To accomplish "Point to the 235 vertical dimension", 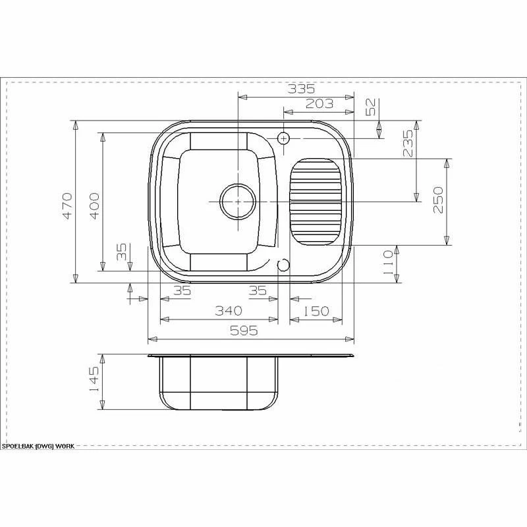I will pos(408,143).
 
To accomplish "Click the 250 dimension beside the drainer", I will pos(438,200).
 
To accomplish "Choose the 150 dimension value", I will pos(316,310).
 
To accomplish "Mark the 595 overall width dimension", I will pos(244,331).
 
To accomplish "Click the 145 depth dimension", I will pos(94,381).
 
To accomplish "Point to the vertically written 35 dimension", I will pos(121,252).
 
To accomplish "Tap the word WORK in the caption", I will pos(65,446).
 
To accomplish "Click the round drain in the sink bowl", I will pos(237,201).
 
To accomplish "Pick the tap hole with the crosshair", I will pos(284,138).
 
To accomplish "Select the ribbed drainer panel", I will pos(316,200).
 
